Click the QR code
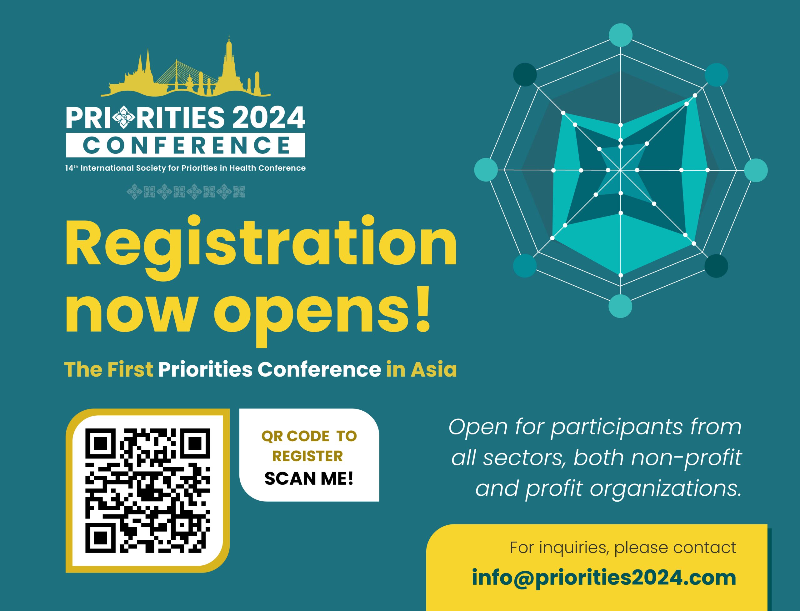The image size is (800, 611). (147, 490)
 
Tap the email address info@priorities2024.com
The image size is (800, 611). (604, 578)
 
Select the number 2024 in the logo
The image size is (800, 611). (268, 118)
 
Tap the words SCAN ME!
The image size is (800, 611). (309, 478)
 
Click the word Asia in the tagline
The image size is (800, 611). (433, 370)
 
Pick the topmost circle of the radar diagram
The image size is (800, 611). (620, 35)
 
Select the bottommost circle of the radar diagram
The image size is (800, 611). (620, 306)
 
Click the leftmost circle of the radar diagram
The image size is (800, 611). (486, 170)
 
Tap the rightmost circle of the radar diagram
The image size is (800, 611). (756, 170)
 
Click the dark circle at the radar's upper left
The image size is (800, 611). (525, 75)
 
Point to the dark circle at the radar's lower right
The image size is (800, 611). (716, 266)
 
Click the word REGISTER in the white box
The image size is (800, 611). (307, 456)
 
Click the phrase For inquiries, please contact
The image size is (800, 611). (622, 547)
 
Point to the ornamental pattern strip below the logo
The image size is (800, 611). (186, 192)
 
